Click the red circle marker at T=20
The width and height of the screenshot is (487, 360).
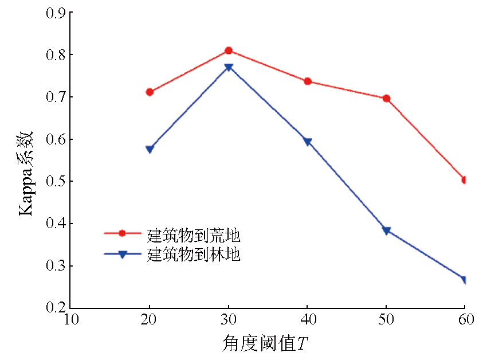[150, 92]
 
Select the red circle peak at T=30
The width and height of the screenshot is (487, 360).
[229, 50]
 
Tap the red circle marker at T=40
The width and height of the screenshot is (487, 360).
[308, 81]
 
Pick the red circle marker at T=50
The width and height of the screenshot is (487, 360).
[386, 99]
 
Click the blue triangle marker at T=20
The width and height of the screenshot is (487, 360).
[150, 150]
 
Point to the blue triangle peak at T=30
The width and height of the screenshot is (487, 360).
[229, 68]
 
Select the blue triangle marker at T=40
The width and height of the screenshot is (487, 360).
[308, 142]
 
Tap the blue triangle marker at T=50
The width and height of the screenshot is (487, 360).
[386, 231]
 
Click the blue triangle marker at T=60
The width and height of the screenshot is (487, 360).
[464, 280]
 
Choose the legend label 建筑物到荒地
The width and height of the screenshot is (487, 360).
[194, 235]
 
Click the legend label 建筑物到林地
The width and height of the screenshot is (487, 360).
[194, 255]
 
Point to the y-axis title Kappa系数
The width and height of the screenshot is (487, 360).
[28, 172]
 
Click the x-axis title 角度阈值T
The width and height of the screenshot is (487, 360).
[265, 344]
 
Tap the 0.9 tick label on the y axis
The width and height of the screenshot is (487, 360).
[56, 13]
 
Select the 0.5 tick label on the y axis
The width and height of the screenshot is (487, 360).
[56, 182]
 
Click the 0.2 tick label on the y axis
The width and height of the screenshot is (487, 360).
[56, 308]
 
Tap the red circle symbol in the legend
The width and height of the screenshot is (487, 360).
[121, 233]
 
